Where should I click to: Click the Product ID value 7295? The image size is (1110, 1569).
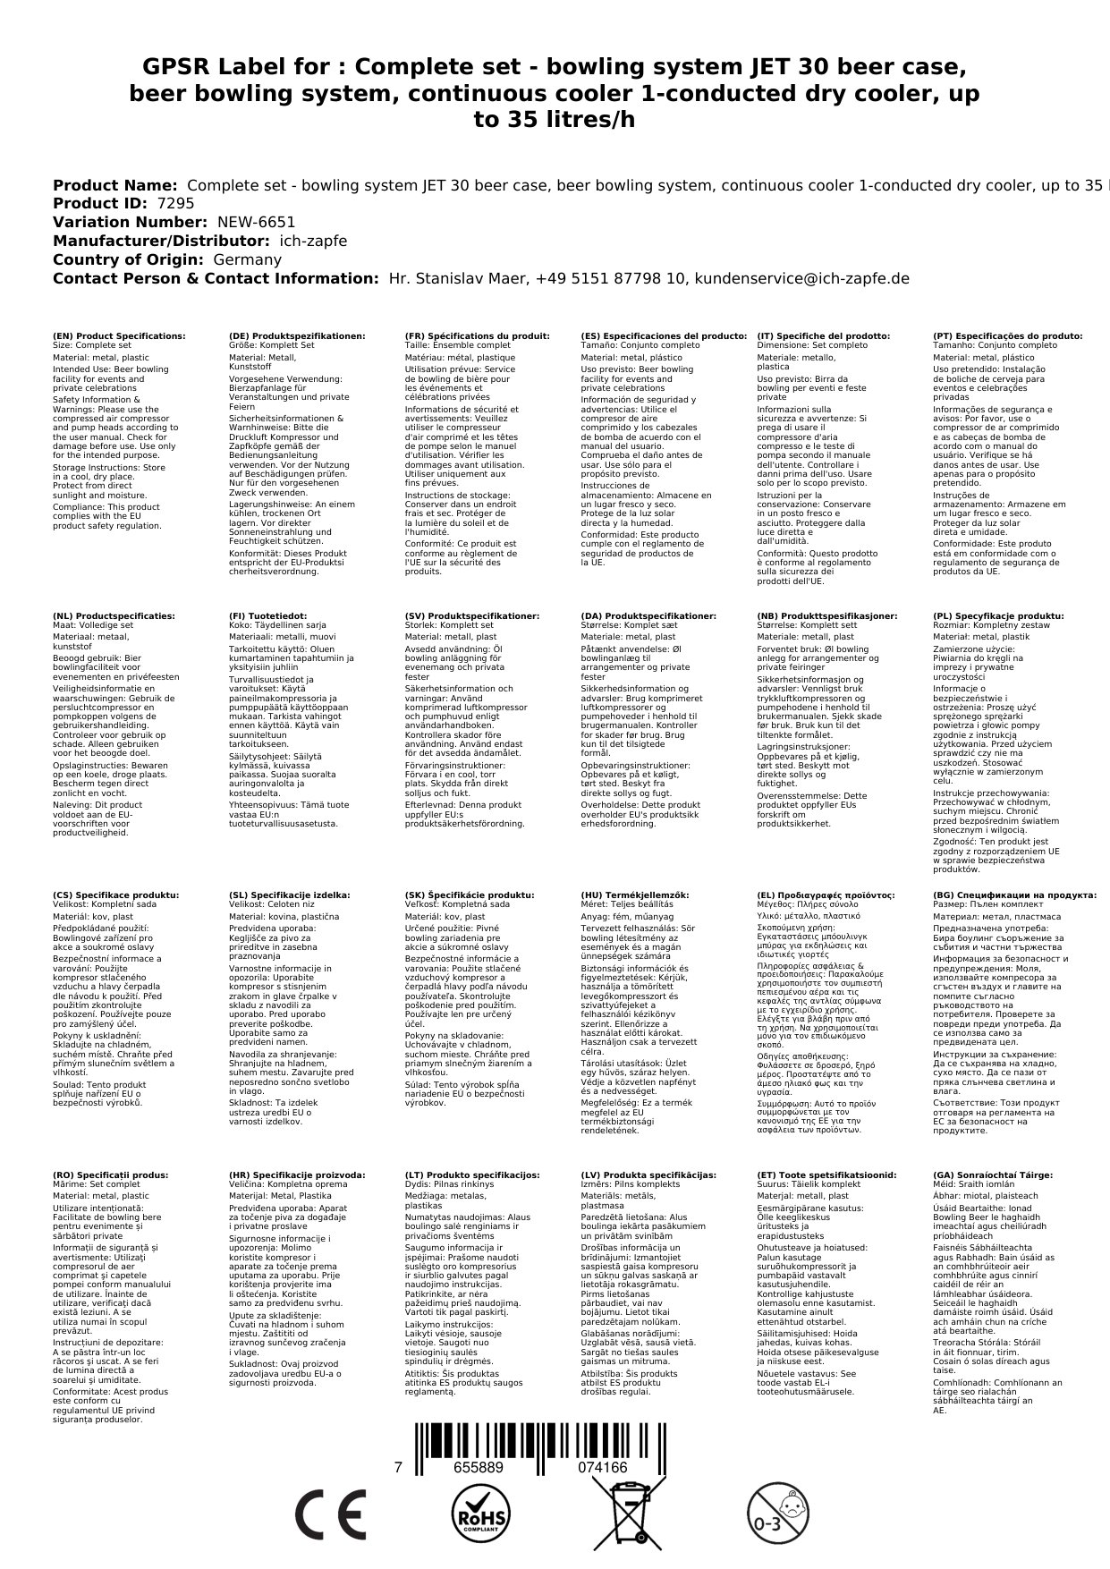(x=175, y=203)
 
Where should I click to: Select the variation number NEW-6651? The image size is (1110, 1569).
(x=256, y=222)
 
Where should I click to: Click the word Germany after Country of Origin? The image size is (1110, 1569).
(x=247, y=259)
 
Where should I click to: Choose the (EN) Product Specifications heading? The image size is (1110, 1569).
(x=119, y=336)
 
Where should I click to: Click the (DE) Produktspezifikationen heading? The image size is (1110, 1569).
(x=297, y=336)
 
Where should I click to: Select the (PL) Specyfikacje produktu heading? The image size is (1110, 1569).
(x=998, y=616)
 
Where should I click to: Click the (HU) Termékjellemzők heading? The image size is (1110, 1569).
(x=635, y=895)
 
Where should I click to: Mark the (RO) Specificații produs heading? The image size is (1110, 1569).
(x=109, y=1175)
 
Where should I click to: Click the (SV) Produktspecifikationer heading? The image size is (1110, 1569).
(x=472, y=616)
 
